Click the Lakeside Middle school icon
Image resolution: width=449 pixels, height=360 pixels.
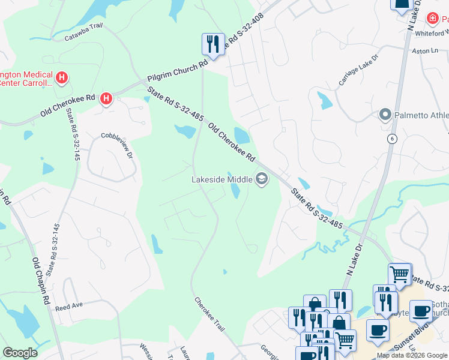click(262, 179)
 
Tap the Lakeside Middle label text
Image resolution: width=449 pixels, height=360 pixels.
click(221, 179)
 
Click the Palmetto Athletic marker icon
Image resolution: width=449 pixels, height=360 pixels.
click(385, 114)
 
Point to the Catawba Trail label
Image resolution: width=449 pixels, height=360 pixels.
click(85, 38)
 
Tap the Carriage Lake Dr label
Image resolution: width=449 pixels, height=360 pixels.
click(358, 71)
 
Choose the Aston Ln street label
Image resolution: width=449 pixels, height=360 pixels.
click(426, 51)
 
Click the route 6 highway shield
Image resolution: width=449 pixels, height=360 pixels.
click(392, 139)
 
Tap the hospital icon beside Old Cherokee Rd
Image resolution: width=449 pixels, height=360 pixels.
click(106, 98)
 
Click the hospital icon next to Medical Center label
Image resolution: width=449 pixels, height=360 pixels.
click(61, 77)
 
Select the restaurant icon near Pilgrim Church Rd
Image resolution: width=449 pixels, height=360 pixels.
click(212, 44)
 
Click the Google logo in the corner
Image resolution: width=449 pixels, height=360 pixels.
click(20, 352)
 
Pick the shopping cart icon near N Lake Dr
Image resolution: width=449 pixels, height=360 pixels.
click(400, 274)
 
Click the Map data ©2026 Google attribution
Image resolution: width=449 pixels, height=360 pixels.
click(412, 355)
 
